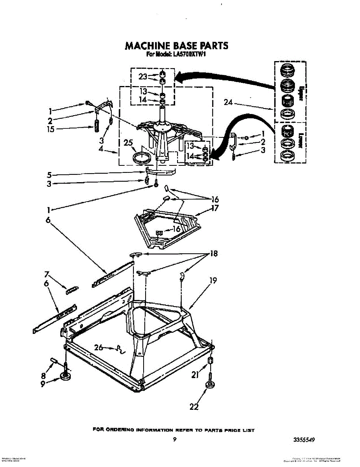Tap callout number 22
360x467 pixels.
(194, 407)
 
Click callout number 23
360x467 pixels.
(143, 77)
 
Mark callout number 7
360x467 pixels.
(47, 274)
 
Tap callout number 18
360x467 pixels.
(213, 254)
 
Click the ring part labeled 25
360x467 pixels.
(142, 157)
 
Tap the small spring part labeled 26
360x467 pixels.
(120, 350)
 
